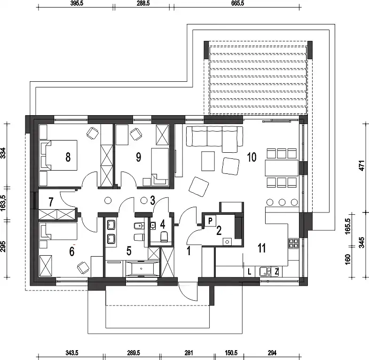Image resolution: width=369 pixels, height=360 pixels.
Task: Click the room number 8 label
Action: (x=68, y=157)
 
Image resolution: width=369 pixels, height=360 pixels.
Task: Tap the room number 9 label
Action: (x=139, y=157)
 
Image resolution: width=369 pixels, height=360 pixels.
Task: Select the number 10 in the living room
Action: (x=251, y=157)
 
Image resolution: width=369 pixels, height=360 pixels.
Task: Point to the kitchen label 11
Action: (x=262, y=248)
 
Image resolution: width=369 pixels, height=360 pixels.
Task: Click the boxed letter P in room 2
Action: (x=211, y=221)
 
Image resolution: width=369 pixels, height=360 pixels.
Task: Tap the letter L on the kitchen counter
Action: (x=250, y=272)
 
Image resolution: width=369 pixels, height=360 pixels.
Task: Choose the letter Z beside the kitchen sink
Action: (x=277, y=272)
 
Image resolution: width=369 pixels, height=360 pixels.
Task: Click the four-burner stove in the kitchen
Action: (x=294, y=243)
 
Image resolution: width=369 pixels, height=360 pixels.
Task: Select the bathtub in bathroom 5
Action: (x=141, y=268)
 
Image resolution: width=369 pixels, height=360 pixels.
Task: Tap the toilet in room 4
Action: (x=164, y=236)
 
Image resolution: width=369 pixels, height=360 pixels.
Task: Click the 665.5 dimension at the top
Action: (x=238, y=3)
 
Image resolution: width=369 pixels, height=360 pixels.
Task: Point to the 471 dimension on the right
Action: (x=362, y=165)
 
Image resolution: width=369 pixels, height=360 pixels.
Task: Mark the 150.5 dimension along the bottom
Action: (x=231, y=352)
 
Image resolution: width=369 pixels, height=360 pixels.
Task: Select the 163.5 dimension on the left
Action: (x=3, y=203)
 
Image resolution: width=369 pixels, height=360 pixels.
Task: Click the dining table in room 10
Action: (x=282, y=168)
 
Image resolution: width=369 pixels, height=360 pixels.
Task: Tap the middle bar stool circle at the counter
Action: (x=282, y=202)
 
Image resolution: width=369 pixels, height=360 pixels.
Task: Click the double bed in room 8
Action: (x=58, y=155)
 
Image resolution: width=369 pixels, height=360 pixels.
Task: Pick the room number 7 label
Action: (x=51, y=202)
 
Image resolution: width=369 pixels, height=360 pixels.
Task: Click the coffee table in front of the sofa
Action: (x=208, y=161)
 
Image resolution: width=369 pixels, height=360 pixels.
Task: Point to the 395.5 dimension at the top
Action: (x=77, y=3)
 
